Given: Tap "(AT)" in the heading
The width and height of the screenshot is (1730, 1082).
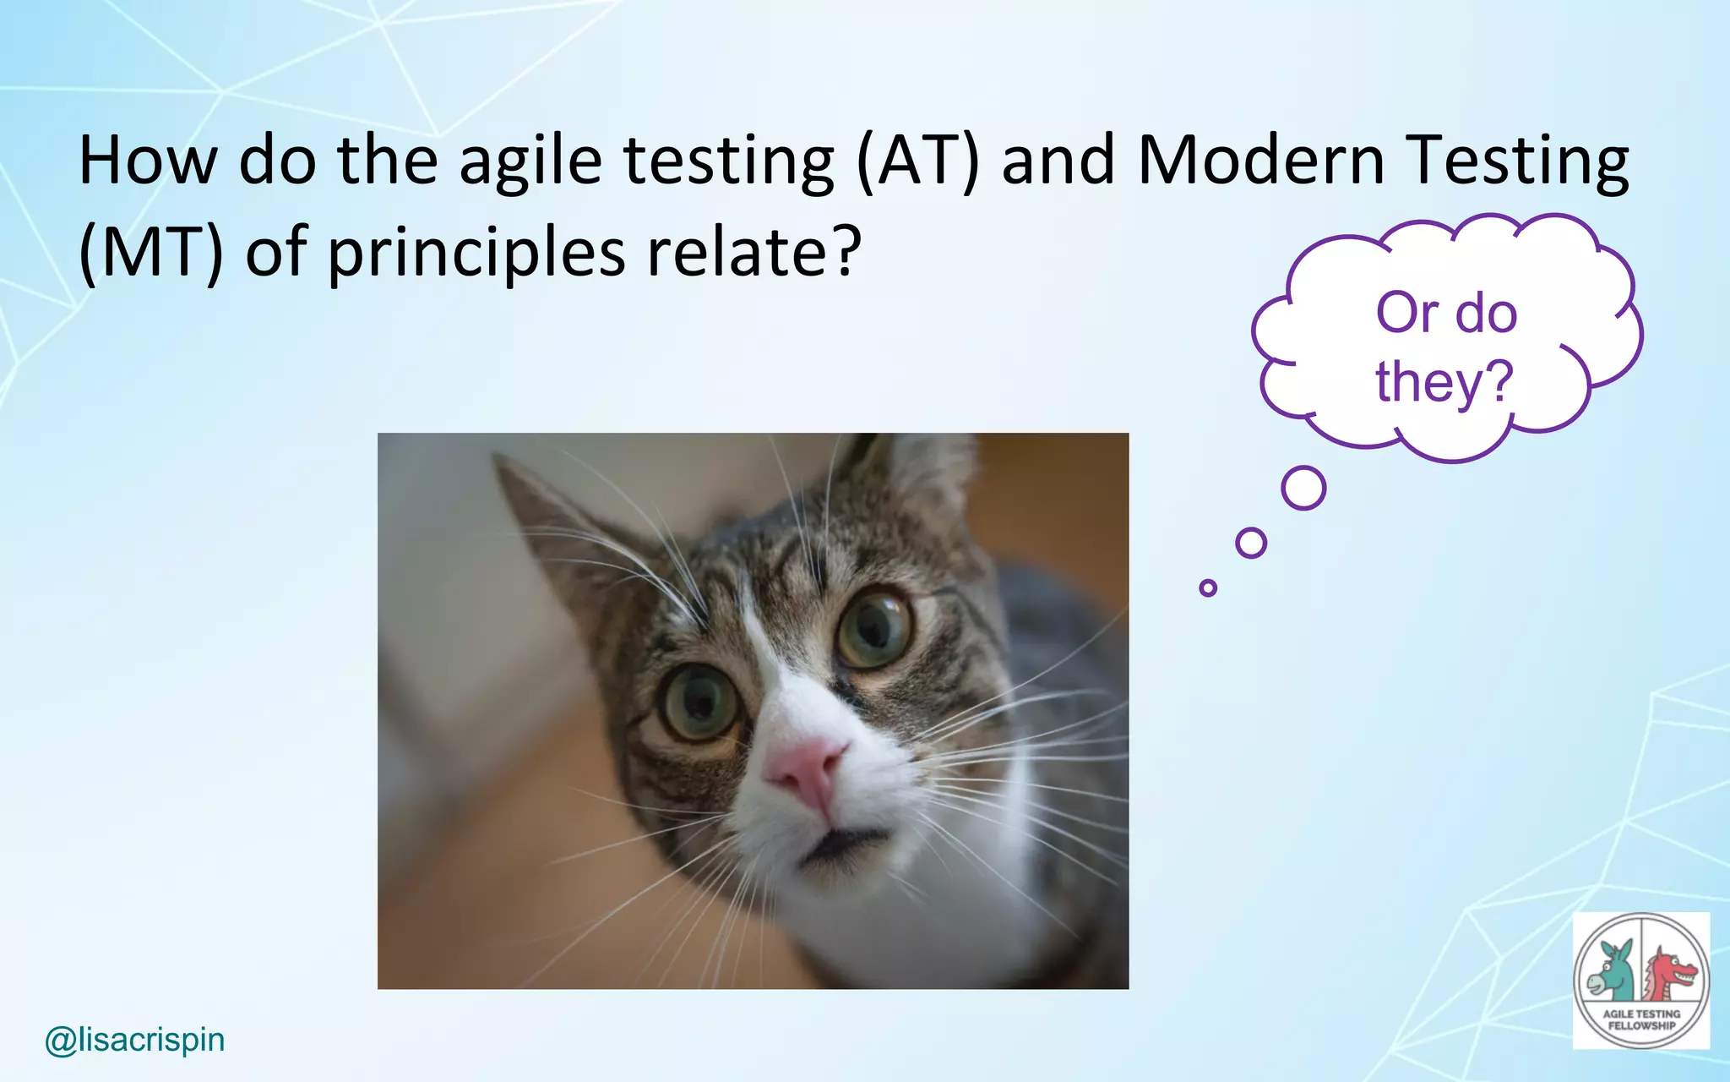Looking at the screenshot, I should pos(917,161).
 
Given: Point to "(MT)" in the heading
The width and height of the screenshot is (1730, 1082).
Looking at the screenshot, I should pos(150,252).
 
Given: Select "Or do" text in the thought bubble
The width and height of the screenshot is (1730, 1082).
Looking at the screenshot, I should pos(1446,313).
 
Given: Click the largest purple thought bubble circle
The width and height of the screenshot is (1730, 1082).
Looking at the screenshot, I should pos(1303,488).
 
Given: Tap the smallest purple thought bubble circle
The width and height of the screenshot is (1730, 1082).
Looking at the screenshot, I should pos(1208,587).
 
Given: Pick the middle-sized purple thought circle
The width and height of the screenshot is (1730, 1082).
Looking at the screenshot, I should pos(1251,543).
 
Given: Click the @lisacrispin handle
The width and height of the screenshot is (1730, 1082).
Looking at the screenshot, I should pos(135,1040).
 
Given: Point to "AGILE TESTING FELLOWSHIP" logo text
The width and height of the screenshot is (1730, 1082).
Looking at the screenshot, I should pos(1641,1019).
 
